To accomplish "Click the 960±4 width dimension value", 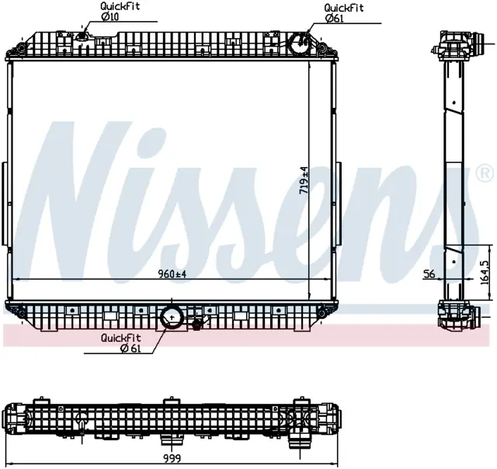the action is [172, 274].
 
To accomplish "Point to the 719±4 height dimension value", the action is [304, 180].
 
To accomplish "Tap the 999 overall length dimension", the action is [172, 458].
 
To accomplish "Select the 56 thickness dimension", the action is [429, 274].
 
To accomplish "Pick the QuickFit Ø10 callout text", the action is [120, 11].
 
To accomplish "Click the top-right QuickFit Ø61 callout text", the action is [343, 13].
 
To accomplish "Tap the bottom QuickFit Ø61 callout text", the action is [121, 343].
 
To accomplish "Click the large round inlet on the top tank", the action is [298, 43].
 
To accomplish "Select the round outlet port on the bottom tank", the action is [172, 318].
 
